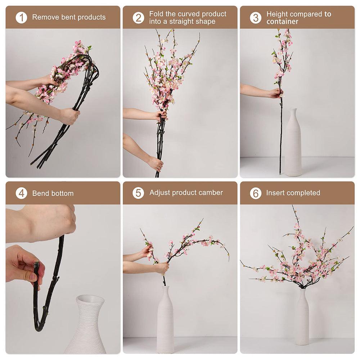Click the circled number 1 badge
tap(21, 17)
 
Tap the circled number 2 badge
tap(138, 18)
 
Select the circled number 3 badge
tap(256, 18)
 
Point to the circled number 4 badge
tap(21, 193)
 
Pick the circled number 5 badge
tap(138, 193)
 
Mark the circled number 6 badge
tap(256, 193)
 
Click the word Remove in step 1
tap(44, 17)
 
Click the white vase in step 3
tap(293, 144)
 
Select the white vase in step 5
tap(165, 320)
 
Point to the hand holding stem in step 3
tap(275, 93)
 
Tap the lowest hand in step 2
tap(156, 164)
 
